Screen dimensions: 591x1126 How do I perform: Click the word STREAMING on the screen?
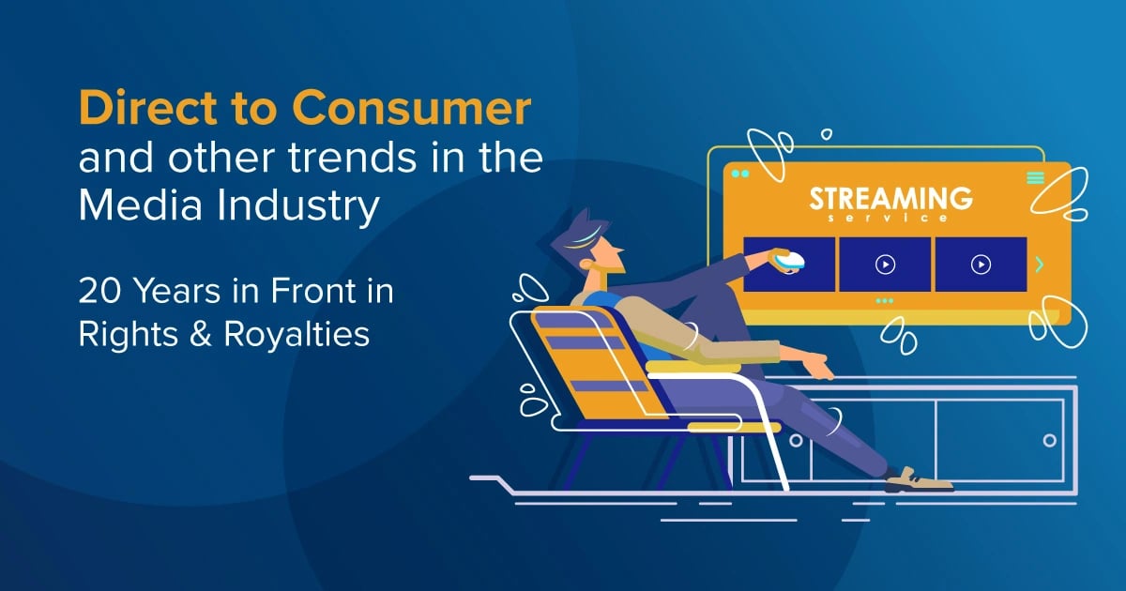890,199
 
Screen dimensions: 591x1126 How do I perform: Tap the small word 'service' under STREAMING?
890,219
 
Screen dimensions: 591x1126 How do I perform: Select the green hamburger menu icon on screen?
1035,178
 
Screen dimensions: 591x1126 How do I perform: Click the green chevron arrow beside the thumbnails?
1040,265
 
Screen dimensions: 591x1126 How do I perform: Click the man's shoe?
917,479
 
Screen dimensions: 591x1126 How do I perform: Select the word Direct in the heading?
142,110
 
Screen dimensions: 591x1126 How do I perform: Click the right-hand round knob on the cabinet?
1049,440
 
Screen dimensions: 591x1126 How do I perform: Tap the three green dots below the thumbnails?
884,301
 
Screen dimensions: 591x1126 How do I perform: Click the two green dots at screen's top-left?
740,174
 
